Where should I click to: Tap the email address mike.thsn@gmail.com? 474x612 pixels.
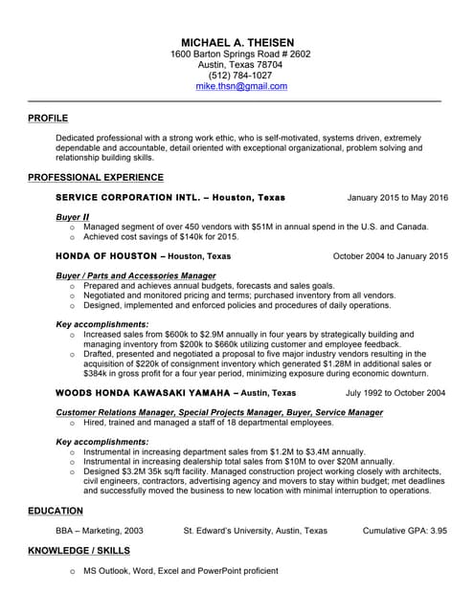coord(241,86)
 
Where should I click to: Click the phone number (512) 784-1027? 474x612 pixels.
coord(240,76)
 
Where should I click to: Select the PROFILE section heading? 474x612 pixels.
coord(48,119)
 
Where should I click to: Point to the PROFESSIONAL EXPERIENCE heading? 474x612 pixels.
coord(96,177)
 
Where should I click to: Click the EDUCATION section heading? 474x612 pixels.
coord(56,512)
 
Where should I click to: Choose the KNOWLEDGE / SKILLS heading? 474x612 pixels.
coord(79,551)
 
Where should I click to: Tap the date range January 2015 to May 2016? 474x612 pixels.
coord(397,198)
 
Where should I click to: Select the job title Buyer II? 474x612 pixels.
coord(73,217)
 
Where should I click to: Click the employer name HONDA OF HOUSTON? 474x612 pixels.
coord(106,256)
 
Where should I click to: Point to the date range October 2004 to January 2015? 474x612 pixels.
coord(390,256)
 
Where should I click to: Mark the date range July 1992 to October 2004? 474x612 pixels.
coord(395,392)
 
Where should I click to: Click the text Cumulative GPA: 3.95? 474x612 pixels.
coord(405,530)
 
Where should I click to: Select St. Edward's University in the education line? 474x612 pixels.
coord(255,530)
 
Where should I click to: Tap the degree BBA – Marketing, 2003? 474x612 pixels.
coord(100,530)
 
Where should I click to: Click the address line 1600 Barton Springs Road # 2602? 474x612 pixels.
coord(240,55)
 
